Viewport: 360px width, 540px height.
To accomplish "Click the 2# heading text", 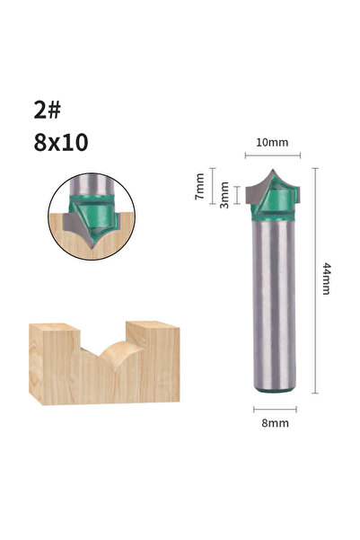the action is click(x=47, y=111).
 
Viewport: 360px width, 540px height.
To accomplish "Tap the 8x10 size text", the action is click(x=61, y=143).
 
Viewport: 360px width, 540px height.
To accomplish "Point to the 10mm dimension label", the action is click(x=272, y=142).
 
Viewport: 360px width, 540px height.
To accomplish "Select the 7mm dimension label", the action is click(x=199, y=186).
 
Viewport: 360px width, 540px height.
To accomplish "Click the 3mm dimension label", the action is click(x=224, y=195).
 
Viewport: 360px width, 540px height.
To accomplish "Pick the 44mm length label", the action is click(x=326, y=279).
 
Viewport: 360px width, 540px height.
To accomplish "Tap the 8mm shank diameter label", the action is click(x=275, y=423).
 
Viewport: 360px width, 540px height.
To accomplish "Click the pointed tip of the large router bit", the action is click(x=273, y=170).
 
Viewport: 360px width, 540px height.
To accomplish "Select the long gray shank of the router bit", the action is click(x=274, y=305).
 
